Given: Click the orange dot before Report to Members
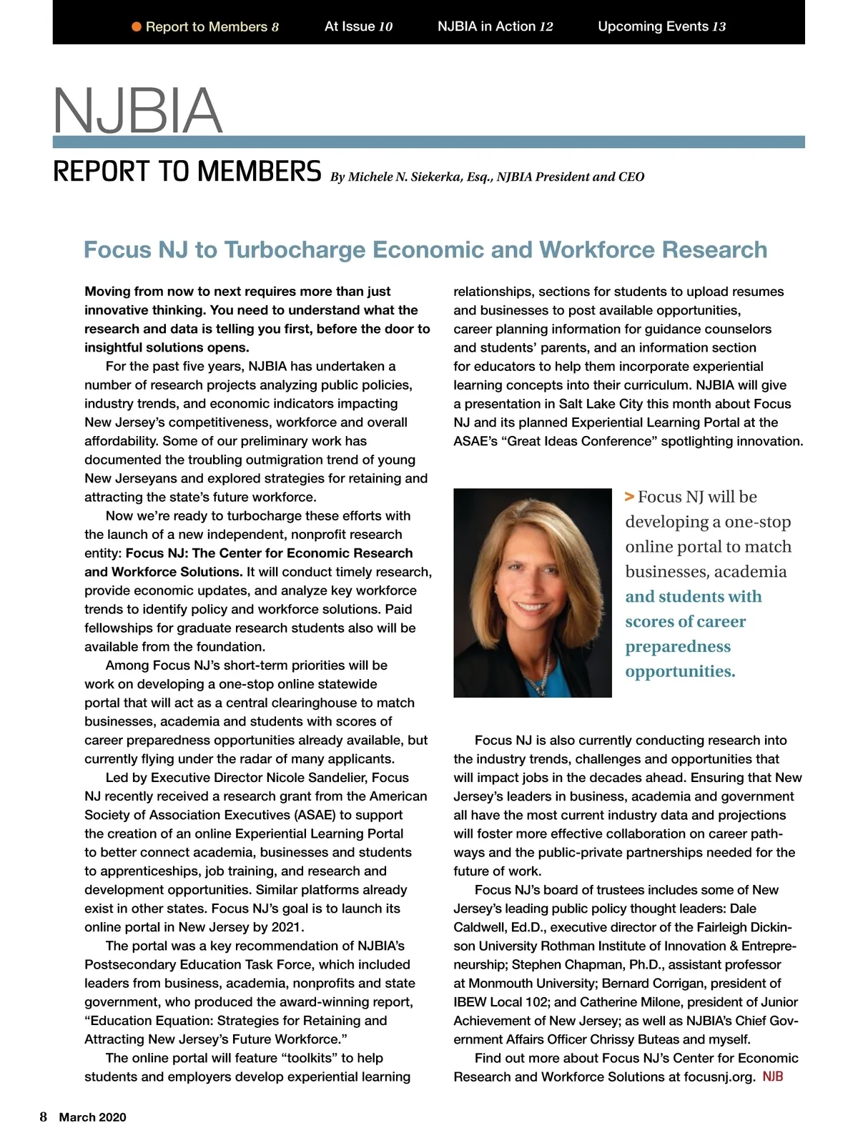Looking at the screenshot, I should click(x=137, y=27).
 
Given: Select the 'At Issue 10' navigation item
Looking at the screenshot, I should click(x=358, y=26).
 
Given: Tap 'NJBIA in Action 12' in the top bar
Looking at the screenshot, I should click(x=495, y=26).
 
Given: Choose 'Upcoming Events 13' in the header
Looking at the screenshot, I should click(x=661, y=26).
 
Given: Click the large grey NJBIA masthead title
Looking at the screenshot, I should click(x=138, y=110).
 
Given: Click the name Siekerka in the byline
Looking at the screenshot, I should click(x=435, y=177).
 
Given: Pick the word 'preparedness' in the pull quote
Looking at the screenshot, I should click(x=678, y=646).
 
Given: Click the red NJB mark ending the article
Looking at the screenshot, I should click(x=773, y=1077).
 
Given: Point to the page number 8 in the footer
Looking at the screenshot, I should click(x=44, y=1117).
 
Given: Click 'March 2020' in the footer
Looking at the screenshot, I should click(x=92, y=1117).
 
